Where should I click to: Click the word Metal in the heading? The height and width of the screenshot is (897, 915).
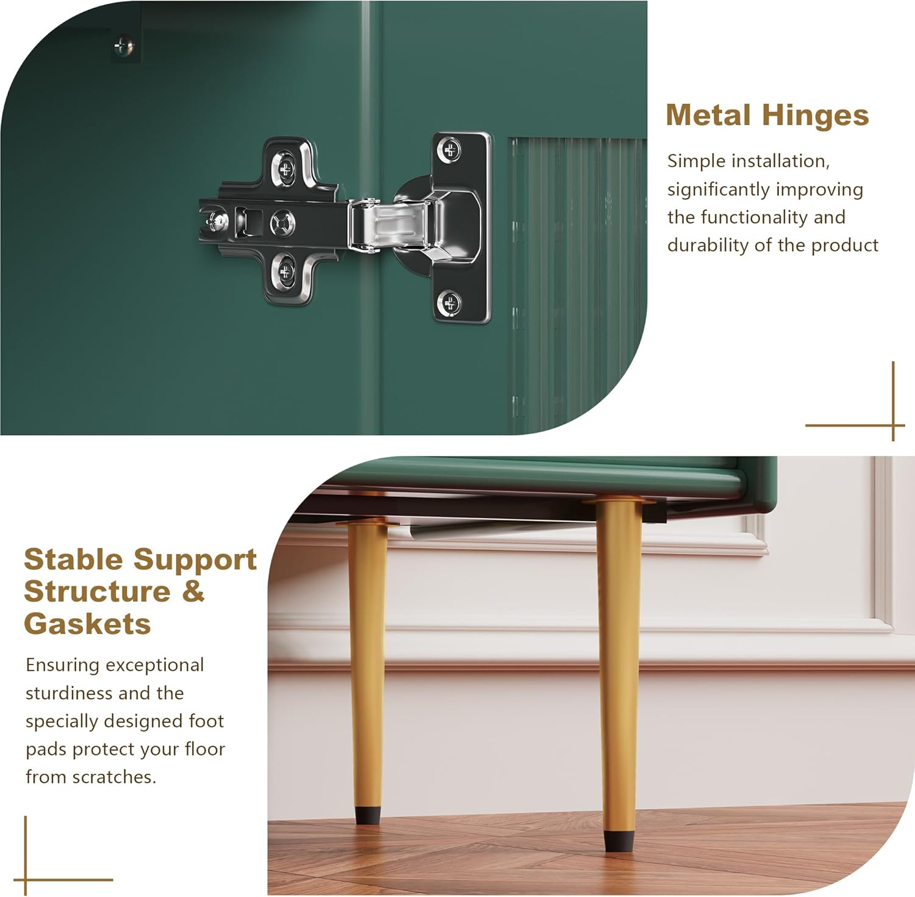click(x=708, y=115)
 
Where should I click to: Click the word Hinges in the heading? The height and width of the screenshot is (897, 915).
click(x=815, y=116)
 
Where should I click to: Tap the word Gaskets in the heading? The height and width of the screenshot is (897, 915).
click(x=87, y=624)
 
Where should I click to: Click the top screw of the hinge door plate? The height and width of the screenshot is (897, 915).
click(x=451, y=149)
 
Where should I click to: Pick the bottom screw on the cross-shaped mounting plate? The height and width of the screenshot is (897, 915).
click(x=284, y=274)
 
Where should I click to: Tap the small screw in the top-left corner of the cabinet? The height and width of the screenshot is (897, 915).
click(x=123, y=46)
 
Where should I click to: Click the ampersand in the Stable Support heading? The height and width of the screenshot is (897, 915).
click(x=193, y=591)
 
